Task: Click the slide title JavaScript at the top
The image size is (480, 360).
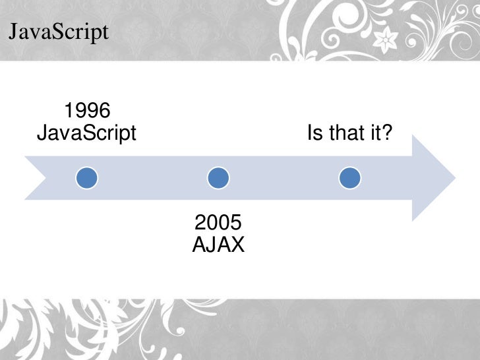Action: pos(57,31)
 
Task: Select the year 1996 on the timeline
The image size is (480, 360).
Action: pos(86,110)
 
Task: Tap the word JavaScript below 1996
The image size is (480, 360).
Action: pos(86,134)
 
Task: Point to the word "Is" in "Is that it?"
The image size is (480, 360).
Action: pos(315,134)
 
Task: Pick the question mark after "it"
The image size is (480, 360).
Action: pos(387,134)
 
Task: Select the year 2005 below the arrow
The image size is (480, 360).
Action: pos(218,222)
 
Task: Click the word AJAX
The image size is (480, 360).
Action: pos(218,245)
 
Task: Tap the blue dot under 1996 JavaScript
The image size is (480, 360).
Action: pos(86,177)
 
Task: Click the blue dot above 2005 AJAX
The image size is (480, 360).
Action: pos(218,177)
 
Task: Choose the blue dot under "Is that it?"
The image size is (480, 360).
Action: pos(349,177)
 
